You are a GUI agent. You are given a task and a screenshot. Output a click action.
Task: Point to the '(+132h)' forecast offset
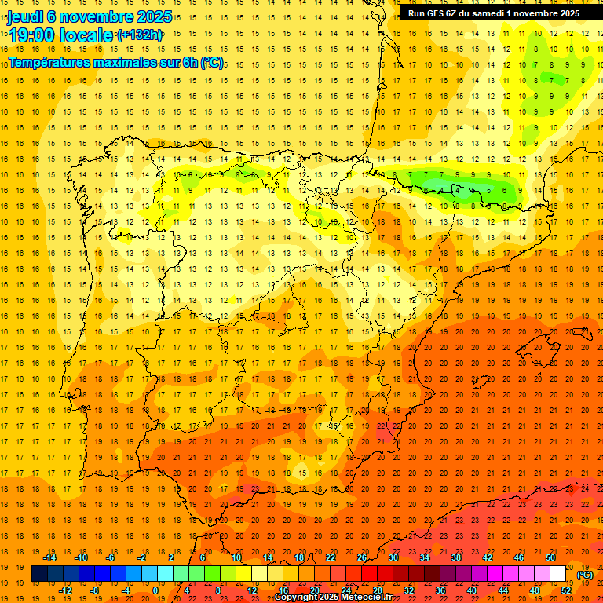[x=139, y=35]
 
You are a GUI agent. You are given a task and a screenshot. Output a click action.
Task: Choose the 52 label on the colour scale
[x=566, y=590]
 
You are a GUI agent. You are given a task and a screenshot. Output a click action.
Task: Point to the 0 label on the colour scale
[x=155, y=590]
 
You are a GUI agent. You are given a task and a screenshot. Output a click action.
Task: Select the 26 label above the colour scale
[x=362, y=557]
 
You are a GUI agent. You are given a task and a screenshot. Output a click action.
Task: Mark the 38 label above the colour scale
[x=456, y=557]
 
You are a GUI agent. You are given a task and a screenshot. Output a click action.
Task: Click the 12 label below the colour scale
[x=252, y=590]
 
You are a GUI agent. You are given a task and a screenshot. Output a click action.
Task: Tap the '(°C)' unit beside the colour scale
[x=585, y=575]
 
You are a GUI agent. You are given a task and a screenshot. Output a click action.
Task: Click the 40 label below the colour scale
[x=472, y=590]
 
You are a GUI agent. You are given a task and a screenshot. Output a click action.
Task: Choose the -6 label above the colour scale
[x=111, y=557]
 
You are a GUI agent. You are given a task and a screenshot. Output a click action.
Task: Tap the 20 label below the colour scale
[x=315, y=590]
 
